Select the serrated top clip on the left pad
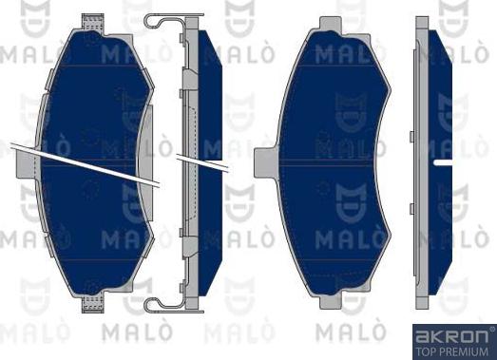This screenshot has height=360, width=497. (93, 23)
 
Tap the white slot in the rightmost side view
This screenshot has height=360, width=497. (442, 163)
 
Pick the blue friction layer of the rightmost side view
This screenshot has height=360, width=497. (438, 104)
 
